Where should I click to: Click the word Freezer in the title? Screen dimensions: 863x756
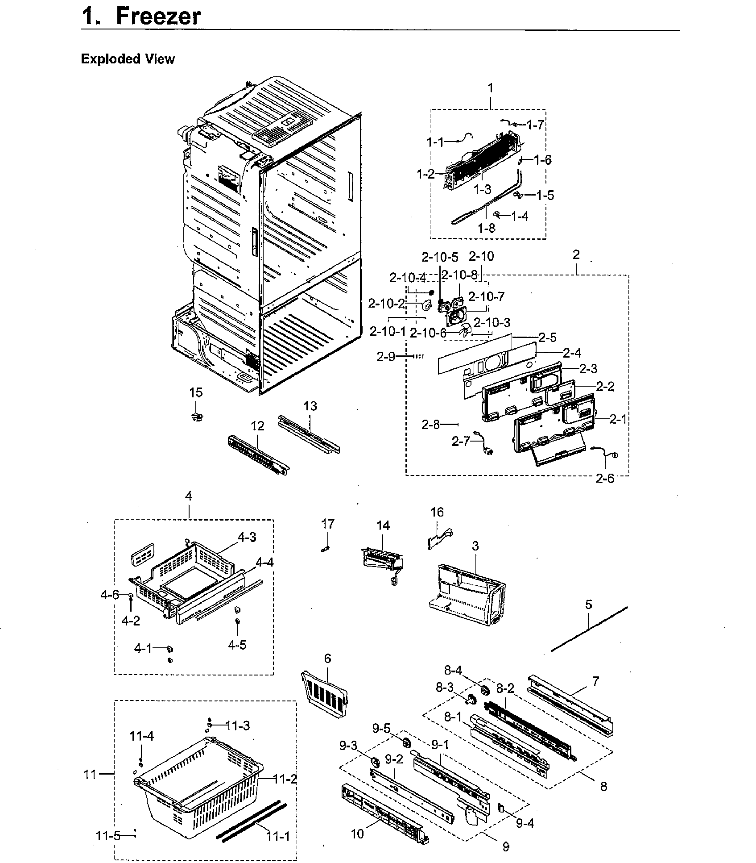[x=158, y=17]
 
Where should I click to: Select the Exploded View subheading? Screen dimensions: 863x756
[x=128, y=59]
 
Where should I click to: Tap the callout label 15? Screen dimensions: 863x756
[x=196, y=392]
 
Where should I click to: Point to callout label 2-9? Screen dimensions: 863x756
[x=385, y=356]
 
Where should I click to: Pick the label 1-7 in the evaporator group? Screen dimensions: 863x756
[x=535, y=125]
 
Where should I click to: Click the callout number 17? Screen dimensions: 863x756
[x=328, y=524]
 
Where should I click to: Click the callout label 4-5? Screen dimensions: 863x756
[x=237, y=645]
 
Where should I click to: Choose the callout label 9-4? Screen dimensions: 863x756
[x=525, y=823]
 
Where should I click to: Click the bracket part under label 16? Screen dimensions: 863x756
[x=438, y=538]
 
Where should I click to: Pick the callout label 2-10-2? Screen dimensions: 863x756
[x=386, y=304]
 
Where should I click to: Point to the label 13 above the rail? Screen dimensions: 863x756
[x=310, y=406]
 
